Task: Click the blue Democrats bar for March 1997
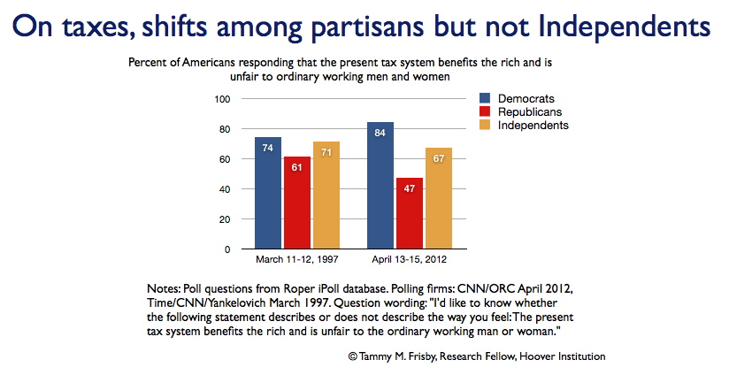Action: point(268,193)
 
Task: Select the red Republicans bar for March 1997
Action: point(297,203)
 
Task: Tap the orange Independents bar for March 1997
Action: point(326,195)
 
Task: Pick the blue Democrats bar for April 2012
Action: point(380,186)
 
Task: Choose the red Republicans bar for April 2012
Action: point(410,213)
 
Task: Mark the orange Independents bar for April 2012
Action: point(439,198)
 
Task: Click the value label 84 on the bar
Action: point(380,133)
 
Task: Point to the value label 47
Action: point(409,188)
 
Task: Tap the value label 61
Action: point(297,167)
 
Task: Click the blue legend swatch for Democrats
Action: point(485,98)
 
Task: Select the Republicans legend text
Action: point(530,112)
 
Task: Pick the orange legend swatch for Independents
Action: point(485,125)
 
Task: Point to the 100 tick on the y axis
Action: point(222,99)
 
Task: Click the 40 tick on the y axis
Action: point(225,189)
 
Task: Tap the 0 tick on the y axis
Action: point(227,249)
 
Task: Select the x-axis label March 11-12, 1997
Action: point(296,259)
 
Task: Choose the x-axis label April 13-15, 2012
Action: point(409,259)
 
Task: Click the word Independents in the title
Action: point(624,27)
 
